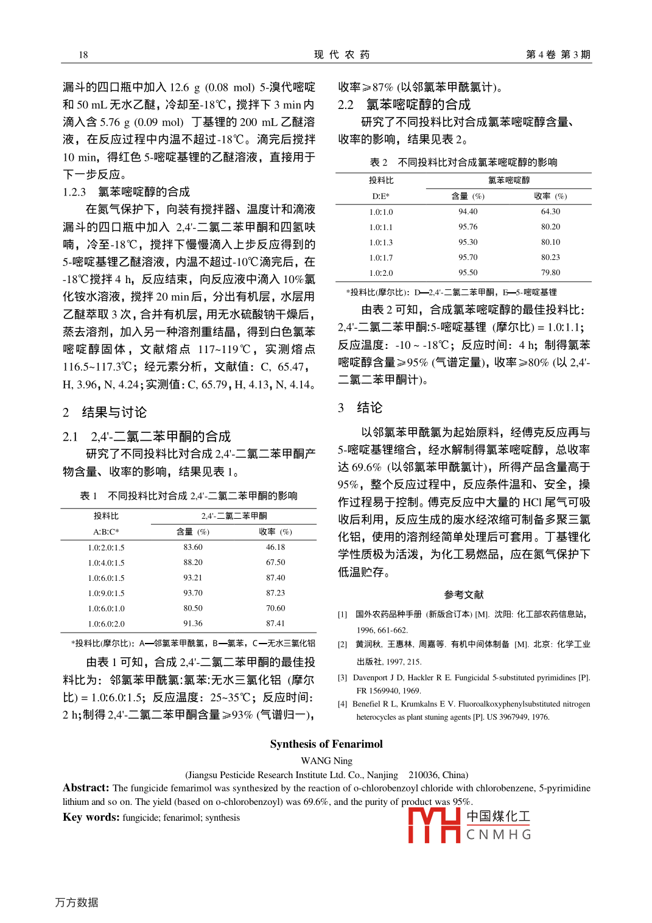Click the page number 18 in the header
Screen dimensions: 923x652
coord(83,55)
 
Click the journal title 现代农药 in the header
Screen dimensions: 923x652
coord(342,55)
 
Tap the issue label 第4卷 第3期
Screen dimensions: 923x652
coord(558,55)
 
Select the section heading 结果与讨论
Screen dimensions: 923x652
coord(114,412)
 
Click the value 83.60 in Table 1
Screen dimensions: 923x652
coord(193,547)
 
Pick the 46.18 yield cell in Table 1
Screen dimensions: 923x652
coord(275,547)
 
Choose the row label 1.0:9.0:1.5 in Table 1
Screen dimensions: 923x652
coord(106,593)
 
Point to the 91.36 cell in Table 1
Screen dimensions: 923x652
coord(193,623)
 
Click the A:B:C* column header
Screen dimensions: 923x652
coord(106,532)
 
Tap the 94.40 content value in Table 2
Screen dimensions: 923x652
coord(468,212)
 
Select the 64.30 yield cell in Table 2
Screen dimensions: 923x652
coord(550,212)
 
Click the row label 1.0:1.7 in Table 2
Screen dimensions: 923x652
coord(381,258)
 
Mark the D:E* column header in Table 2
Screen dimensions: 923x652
coord(381,196)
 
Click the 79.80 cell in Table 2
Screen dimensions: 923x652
coord(550,273)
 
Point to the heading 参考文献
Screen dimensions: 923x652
coord(464,595)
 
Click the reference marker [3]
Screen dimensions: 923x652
coord(343,678)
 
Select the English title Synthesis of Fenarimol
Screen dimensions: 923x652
coord(326,744)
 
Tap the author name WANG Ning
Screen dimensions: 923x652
coord(326,760)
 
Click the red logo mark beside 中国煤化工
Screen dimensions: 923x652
coord(433,826)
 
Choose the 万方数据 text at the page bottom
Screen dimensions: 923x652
coord(77,902)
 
